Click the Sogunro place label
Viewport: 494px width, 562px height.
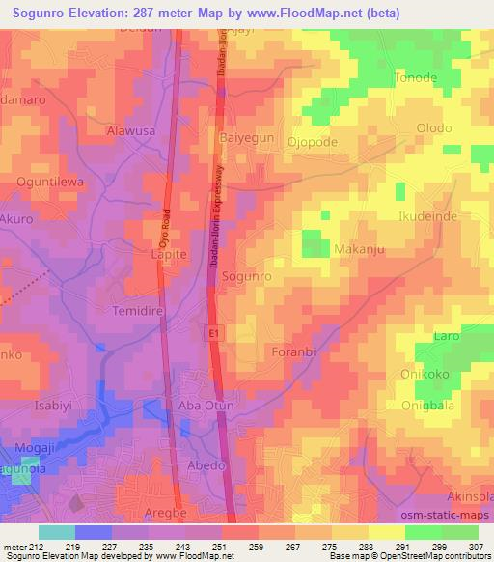247,276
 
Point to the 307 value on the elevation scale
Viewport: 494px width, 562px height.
478,548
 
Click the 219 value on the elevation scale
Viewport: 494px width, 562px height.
75,548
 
